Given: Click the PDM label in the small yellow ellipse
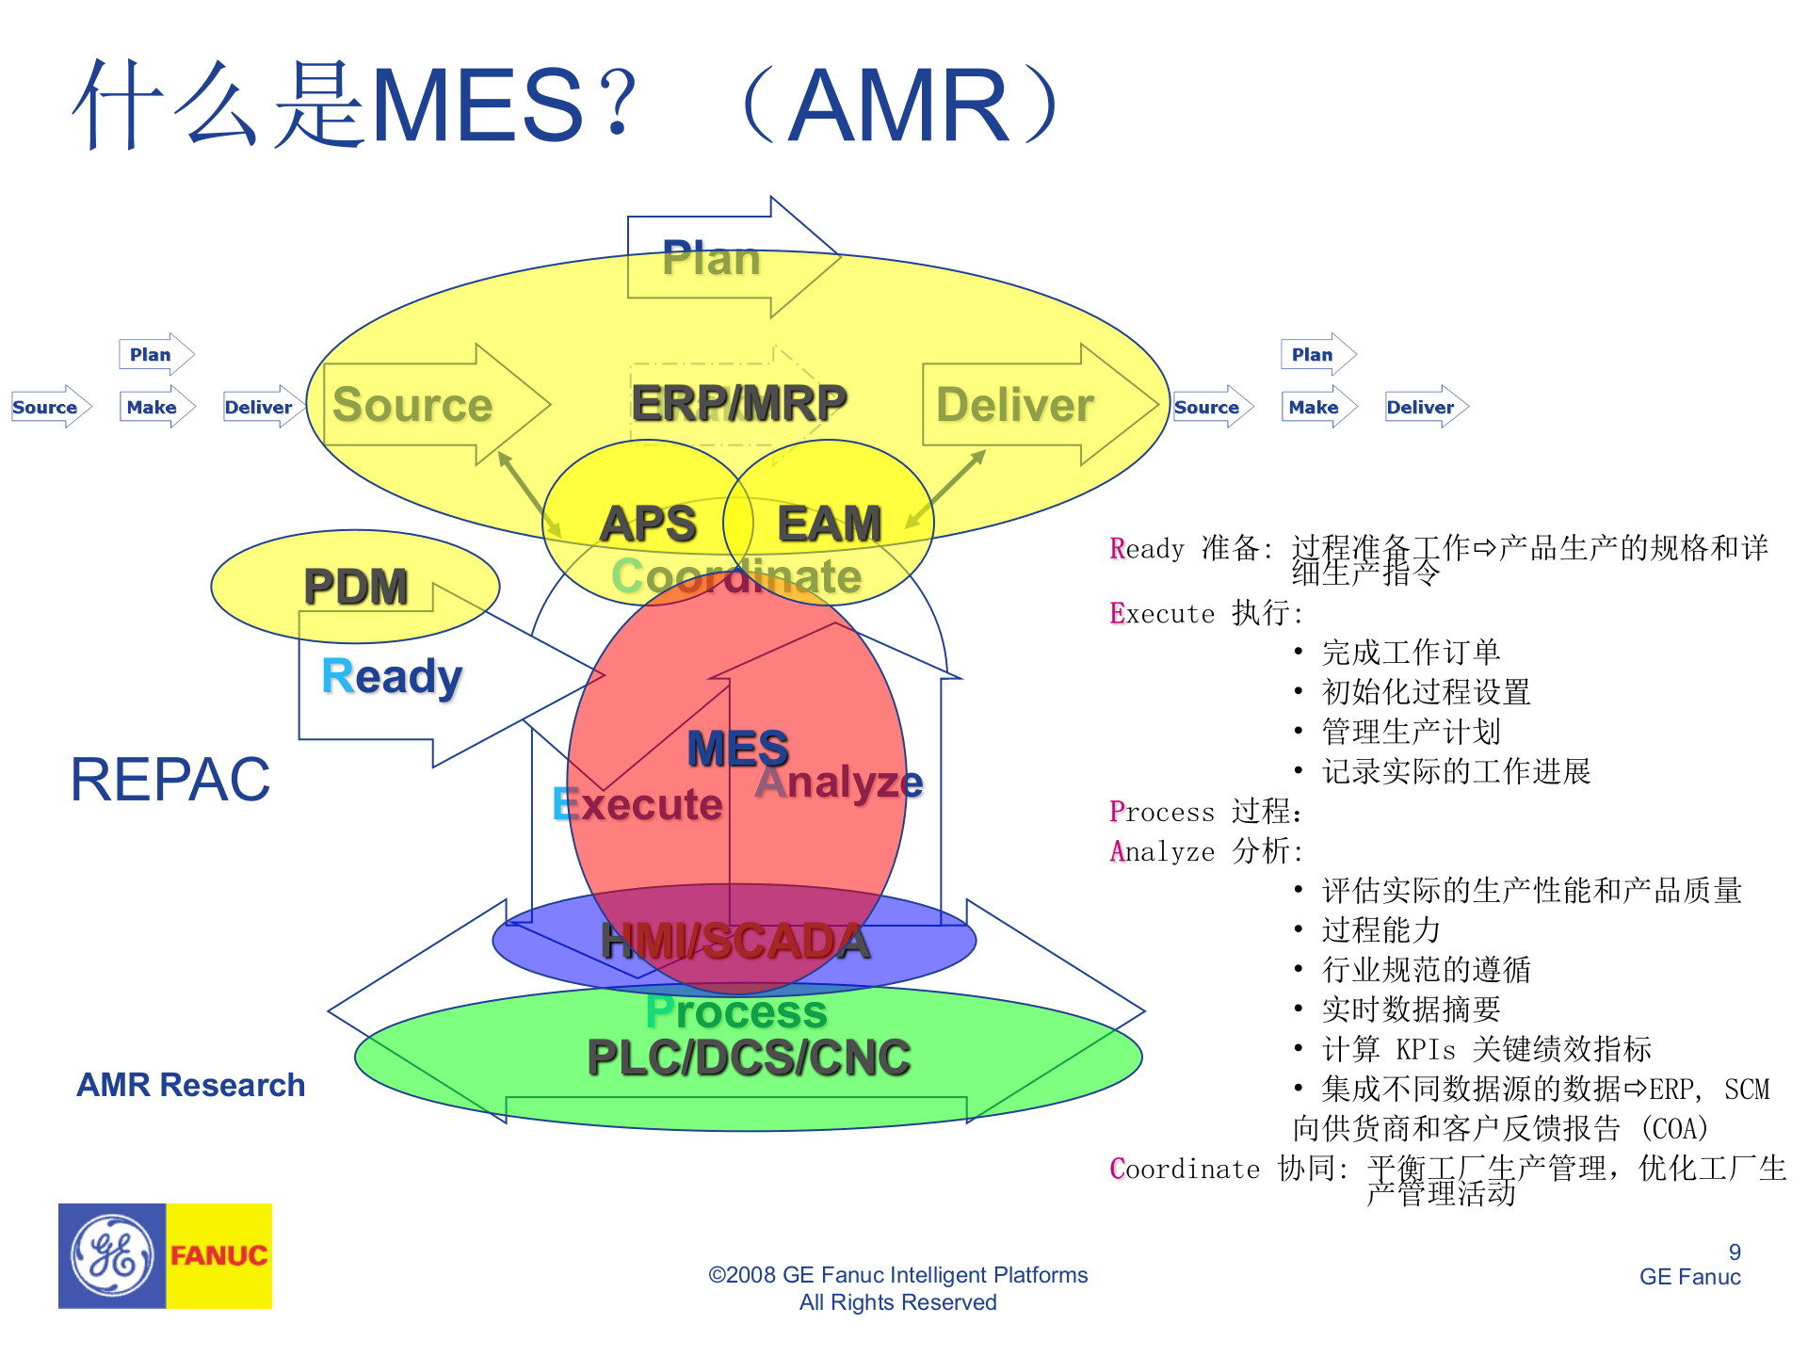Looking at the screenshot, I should click(x=356, y=587).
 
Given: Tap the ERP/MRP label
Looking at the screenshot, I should click(x=739, y=403).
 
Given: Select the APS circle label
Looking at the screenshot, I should click(x=648, y=524).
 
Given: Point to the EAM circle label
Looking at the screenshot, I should click(x=829, y=524).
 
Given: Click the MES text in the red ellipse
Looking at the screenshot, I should click(x=737, y=750).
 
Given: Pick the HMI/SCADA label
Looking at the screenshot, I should click(x=735, y=942).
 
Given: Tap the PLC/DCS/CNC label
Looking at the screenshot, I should click(x=749, y=1057).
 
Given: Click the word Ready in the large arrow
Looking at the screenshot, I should click(x=392, y=676).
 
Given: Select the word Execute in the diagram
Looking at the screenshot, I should click(x=638, y=804).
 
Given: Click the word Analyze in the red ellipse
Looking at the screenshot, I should click(x=839, y=782).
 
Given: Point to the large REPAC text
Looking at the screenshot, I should click(x=170, y=780).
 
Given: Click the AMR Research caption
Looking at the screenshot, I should click(x=191, y=1085).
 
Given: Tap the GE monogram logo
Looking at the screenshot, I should click(x=112, y=1255).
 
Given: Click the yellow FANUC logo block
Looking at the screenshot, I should click(x=219, y=1255).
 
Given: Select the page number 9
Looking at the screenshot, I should click(x=1735, y=1251).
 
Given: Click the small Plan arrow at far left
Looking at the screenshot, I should click(x=154, y=355).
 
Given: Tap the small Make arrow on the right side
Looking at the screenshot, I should click(x=1316, y=407).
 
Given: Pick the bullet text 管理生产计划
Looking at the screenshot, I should click(x=1410, y=732).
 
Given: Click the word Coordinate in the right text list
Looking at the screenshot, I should click(x=1185, y=1169).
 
